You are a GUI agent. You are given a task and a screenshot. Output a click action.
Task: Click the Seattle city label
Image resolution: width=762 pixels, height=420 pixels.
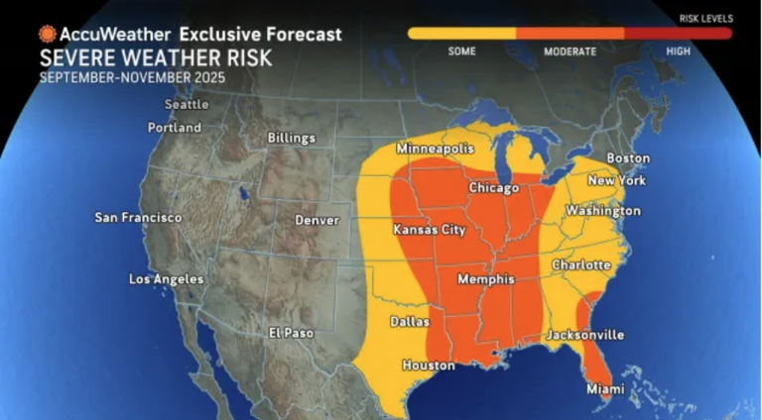point(187,104)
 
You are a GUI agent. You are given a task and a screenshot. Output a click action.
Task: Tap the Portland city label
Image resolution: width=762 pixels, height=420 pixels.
point(174,128)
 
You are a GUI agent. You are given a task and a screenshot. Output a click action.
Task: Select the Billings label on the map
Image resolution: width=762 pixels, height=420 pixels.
point(292,138)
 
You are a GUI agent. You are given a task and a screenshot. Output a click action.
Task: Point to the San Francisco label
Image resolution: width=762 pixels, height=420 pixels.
point(138,217)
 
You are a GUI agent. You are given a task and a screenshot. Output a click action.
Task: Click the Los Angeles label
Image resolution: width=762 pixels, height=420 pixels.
point(166,279)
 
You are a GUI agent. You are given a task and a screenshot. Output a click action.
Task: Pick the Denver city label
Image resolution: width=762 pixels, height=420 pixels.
point(317,220)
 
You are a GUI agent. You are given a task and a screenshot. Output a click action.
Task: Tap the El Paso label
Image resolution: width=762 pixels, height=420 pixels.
point(292,333)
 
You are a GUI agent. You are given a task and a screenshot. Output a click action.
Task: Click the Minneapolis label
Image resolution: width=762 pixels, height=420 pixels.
point(436,149)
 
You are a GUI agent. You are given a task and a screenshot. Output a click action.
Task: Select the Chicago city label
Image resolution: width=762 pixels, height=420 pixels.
point(494,188)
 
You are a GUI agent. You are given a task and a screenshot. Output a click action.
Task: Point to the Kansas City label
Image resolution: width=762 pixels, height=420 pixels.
point(430,230)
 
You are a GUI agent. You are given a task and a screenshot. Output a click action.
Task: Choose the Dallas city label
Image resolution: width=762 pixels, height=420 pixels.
point(410,322)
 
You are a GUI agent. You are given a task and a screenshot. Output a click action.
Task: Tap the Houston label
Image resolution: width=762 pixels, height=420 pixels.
point(429,366)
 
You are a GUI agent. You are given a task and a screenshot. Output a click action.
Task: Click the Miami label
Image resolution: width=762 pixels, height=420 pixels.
point(605,389)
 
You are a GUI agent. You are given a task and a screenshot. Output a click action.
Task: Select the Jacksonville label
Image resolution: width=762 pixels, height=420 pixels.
point(584,335)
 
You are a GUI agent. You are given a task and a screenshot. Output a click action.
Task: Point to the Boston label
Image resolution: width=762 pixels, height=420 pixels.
point(628,158)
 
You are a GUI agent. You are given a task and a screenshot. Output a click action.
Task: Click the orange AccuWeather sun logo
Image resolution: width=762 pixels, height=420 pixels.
point(47,34)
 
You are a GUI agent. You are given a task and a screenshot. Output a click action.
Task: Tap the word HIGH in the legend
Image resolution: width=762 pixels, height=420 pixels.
point(679,52)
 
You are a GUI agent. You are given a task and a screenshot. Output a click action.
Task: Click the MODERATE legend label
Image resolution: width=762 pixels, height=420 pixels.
point(571,52)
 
